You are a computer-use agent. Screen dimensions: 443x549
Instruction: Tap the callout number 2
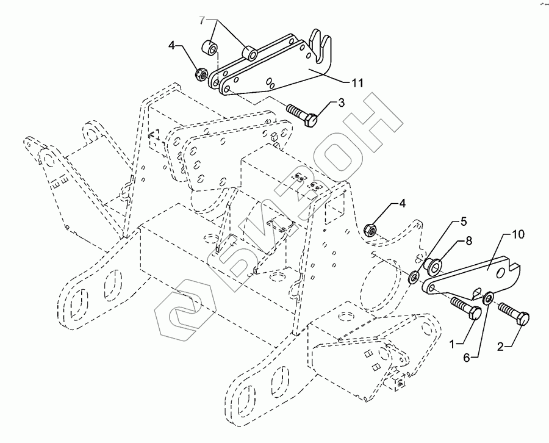500,347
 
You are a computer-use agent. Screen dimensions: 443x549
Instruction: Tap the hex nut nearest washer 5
369,230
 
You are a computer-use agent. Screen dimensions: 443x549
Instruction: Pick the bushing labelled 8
434,266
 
